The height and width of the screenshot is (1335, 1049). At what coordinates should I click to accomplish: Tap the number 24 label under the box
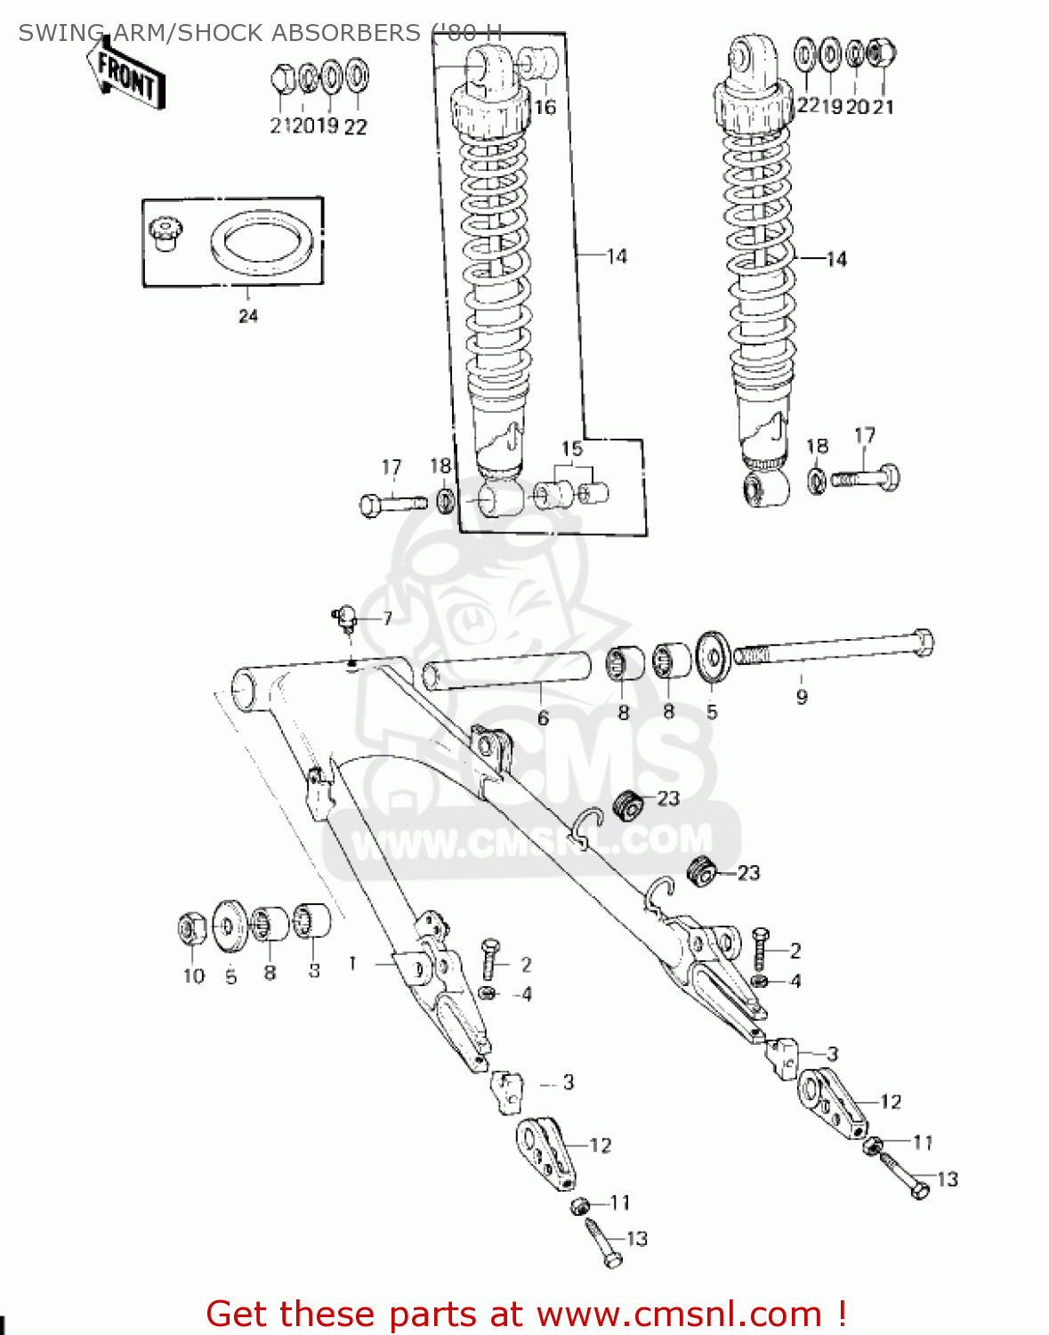[248, 316]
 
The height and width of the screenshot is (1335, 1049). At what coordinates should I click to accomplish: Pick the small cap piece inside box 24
[163, 233]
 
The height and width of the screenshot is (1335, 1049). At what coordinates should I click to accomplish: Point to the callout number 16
[545, 108]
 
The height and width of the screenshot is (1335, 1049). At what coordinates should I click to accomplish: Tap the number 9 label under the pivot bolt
[802, 697]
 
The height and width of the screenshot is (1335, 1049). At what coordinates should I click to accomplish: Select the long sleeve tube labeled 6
[507, 672]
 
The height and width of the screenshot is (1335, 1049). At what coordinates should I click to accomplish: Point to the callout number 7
[387, 619]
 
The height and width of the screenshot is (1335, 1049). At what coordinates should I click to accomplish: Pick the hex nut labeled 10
[191, 930]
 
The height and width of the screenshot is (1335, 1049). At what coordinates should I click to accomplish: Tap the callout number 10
[194, 976]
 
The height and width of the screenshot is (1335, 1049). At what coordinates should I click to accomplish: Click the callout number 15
[572, 449]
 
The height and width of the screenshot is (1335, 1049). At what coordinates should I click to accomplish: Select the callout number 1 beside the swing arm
[353, 963]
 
